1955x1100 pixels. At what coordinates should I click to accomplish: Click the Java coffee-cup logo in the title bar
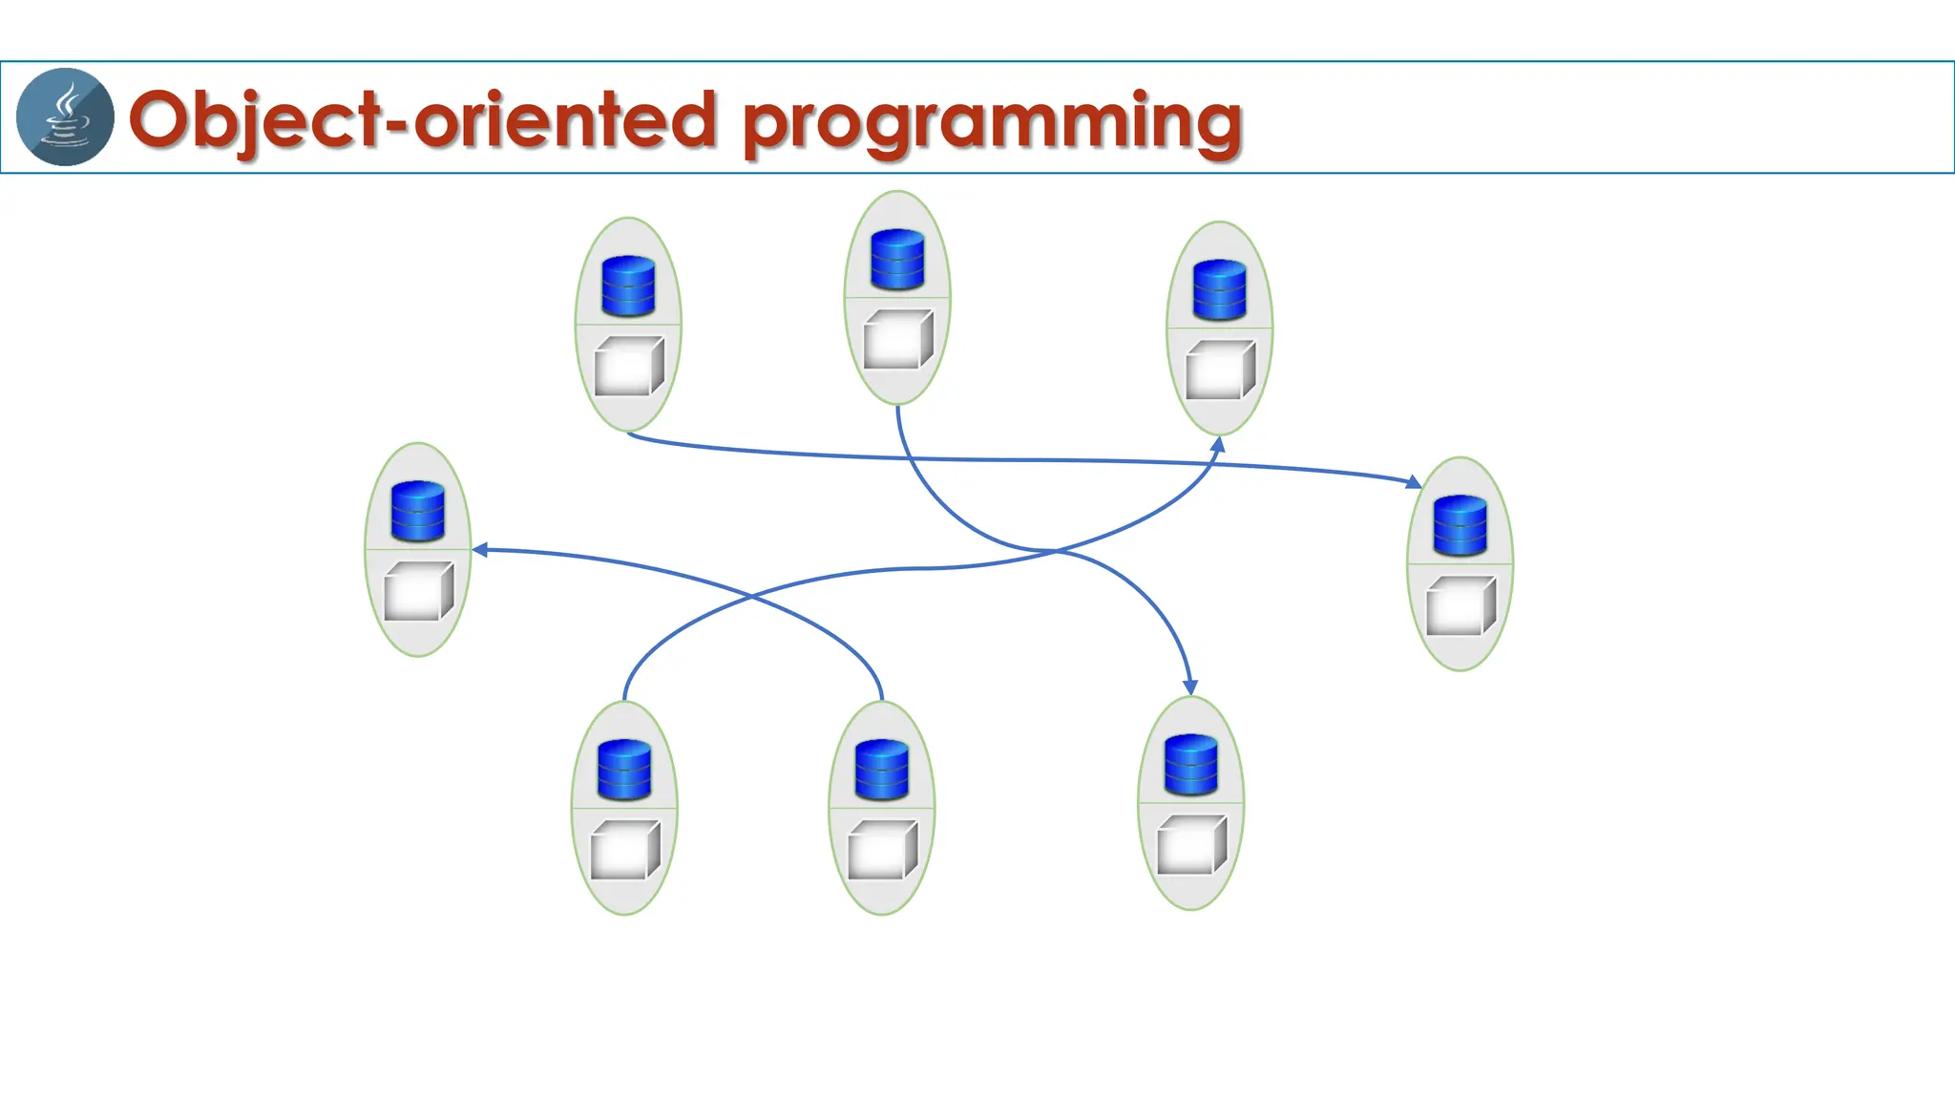pos(65,116)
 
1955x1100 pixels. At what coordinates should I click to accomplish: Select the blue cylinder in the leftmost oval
pos(418,511)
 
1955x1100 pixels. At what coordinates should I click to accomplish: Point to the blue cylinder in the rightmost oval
pos(1461,525)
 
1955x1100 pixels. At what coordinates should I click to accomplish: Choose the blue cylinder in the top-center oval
pos(897,259)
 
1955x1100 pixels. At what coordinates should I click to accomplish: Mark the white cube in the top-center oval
pos(897,339)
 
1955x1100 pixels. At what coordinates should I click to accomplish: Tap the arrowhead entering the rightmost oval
pos(1414,482)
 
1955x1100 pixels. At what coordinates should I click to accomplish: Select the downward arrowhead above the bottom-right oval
pos(1190,687)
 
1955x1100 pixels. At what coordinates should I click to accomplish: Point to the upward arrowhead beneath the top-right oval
pos(1218,444)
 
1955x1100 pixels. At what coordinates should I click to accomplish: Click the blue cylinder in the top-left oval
pos(628,286)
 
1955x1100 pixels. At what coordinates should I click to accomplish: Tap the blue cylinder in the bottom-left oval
pos(624,770)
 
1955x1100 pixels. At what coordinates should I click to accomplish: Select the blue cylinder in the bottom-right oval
pos(1191,764)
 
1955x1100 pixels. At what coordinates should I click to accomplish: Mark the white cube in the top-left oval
pos(628,366)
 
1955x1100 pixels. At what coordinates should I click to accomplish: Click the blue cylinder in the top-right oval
pos(1220,289)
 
